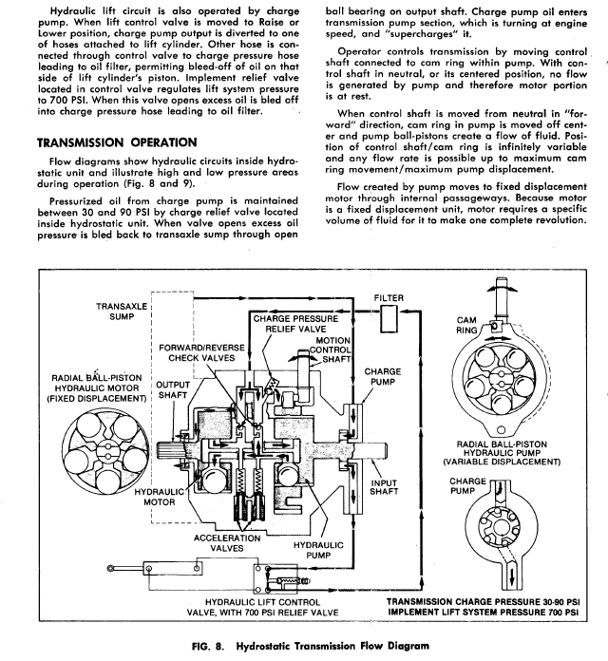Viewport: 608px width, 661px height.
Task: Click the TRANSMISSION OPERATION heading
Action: click(110, 142)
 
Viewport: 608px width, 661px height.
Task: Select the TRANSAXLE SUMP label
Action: click(121, 312)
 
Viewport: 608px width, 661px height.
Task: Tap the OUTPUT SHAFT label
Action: click(173, 391)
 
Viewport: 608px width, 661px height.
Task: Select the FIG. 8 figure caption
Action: click(304, 645)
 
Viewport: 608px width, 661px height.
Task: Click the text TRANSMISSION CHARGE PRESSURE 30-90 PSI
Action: click(485, 602)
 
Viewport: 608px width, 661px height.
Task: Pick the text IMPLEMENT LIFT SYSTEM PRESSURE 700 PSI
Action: click(485, 613)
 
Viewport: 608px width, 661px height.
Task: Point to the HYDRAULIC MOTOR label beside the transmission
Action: click(158, 500)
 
